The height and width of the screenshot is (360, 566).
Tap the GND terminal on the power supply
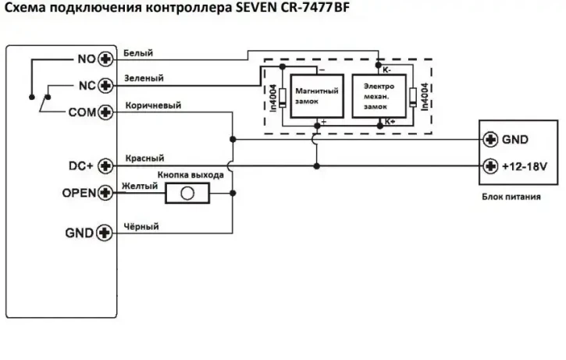point(491,141)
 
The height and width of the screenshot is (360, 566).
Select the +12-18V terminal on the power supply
point(491,166)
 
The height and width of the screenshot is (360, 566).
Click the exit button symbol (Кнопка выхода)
point(187,193)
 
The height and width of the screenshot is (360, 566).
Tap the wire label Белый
point(138,53)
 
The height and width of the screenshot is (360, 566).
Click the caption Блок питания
point(511,197)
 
